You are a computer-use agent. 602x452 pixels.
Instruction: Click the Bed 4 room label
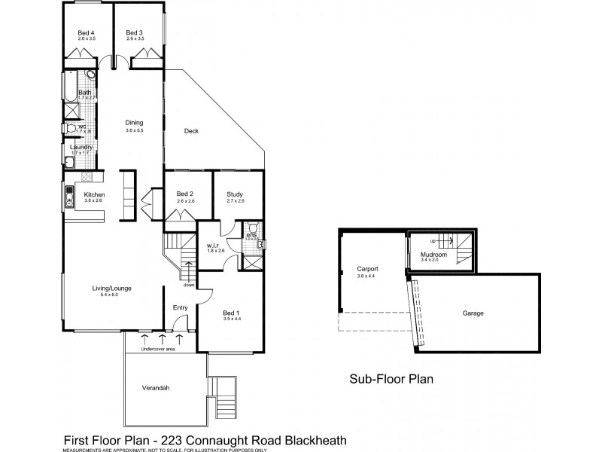tap(86, 32)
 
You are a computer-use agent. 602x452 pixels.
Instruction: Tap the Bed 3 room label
tap(134, 32)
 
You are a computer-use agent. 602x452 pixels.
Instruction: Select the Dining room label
tap(134, 124)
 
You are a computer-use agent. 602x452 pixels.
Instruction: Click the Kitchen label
tap(94, 194)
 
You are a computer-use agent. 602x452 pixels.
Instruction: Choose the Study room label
tap(235, 194)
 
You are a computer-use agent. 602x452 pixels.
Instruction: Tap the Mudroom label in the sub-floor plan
tap(434, 255)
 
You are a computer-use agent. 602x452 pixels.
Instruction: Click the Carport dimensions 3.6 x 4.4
tap(366, 276)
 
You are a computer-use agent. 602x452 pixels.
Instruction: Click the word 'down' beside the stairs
tap(189, 286)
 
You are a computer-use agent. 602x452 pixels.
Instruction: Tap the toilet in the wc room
tap(71, 129)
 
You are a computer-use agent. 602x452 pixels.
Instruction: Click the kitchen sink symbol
tap(68, 200)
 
